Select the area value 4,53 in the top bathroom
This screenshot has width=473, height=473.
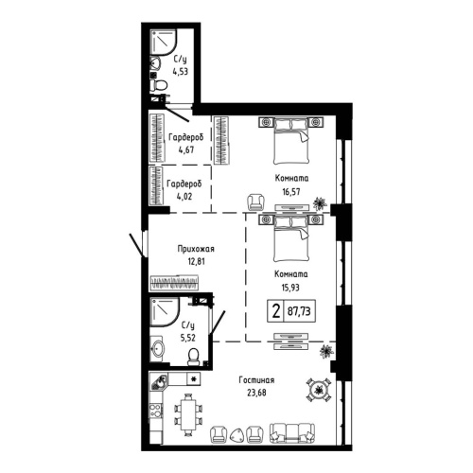pyautogui.click(x=180, y=68)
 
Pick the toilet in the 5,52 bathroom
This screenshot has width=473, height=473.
pyautogui.click(x=194, y=357)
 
